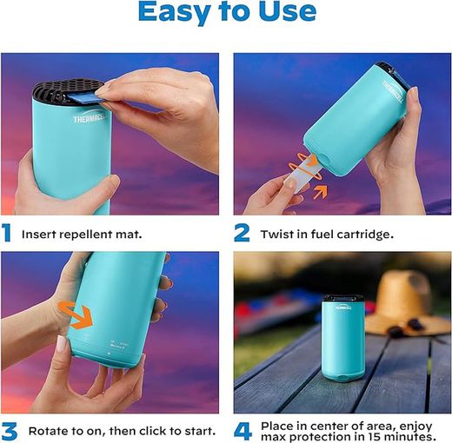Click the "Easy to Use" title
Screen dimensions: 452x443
click(x=227, y=12)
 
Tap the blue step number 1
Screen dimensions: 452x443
click(x=6, y=233)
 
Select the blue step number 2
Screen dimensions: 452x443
click(x=242, y=233)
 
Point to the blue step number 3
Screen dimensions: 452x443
click(x=9, y=431)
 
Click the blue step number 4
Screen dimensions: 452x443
click(x=243, y=432)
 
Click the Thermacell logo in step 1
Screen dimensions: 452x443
click(x=90, y=118)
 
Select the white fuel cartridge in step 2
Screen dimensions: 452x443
click(x=302, y=175)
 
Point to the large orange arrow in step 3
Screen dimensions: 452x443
click(x=76, y=315)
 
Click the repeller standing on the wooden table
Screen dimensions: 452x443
click(x=343, y=337)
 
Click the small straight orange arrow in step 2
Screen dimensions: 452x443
click(x=320, y=192)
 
